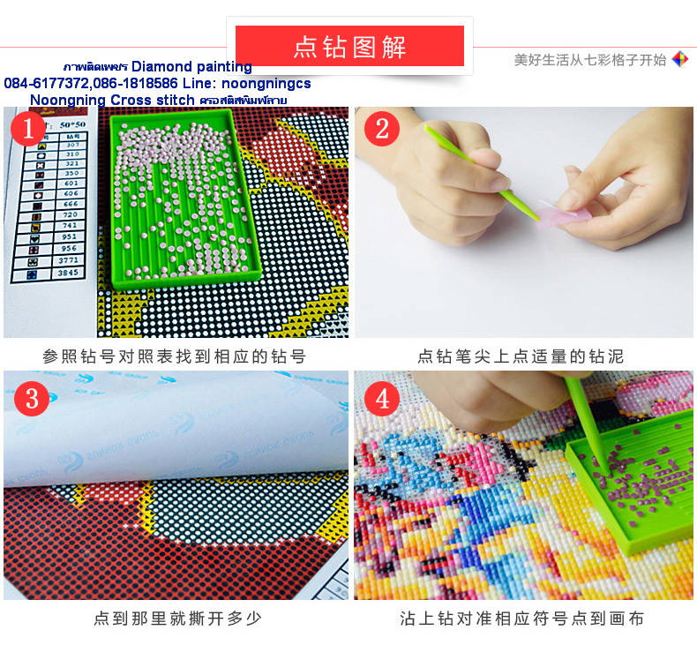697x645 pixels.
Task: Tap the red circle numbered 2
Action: pyautogui.click(x=381, y=130)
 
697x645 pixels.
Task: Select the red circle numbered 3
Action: pyautogui.click(x=32, y=399)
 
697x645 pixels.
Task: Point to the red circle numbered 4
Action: pyautogui.click(x=381, y=399)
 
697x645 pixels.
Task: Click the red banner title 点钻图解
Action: pyautogui.click(x=349, y=47)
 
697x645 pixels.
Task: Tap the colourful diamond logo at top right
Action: pyautogui.click(x=679, y=60)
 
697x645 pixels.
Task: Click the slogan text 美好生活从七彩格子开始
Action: pyautogui.click(x=589, y=60)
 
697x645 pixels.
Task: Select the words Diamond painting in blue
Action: pyautogui.click(x=191, y=67)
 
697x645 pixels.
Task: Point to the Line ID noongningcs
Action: pyautogui.click(x=266, y=83)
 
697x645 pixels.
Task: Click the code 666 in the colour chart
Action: pyautogui.click(x=70, y=204)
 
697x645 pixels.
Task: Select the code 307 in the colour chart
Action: pyautogui.click(x=70, y=145)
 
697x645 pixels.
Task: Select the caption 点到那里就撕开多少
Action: pyautogui.click(x=177, y=618)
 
